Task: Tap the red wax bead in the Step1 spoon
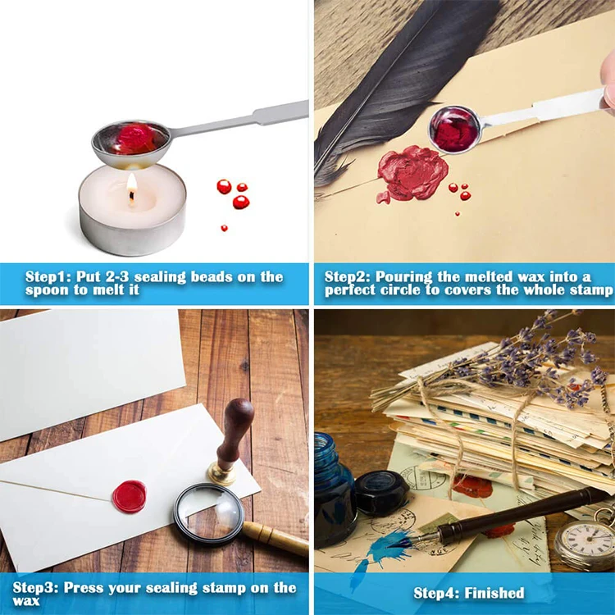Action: click(x=131, y=138)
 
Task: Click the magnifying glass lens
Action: click(x=208, y=513)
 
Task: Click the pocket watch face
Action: click(x=583, y=544)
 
